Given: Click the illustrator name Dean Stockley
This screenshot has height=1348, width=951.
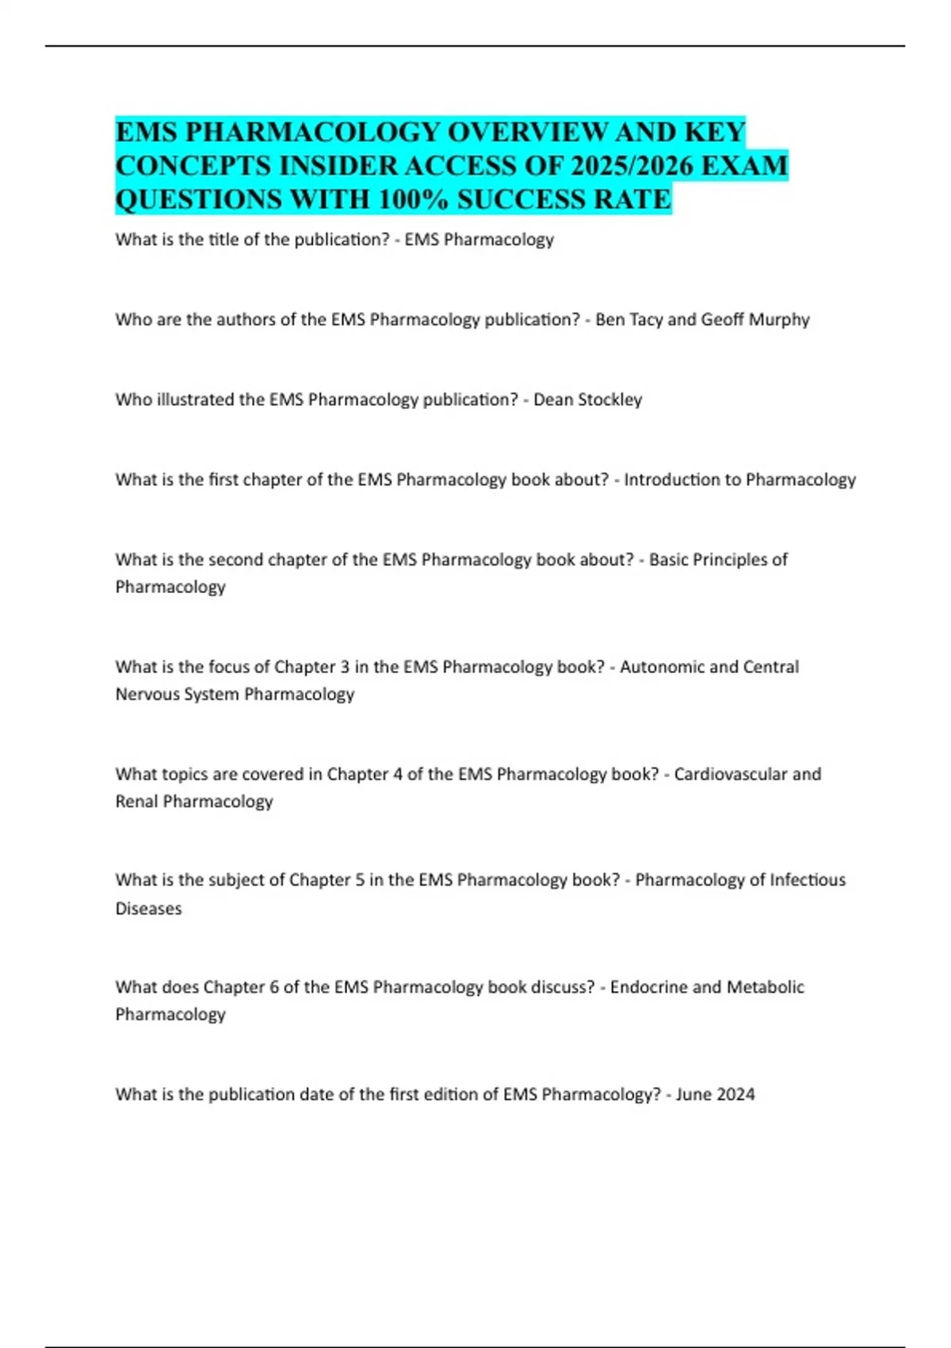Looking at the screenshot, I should [587, 400].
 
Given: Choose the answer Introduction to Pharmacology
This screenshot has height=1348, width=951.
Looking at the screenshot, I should [739, 480].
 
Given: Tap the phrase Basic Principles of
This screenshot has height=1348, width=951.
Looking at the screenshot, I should [718, 560].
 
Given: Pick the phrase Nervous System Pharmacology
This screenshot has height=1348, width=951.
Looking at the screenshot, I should [235, 695].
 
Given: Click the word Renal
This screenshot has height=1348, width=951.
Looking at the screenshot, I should [137, 802].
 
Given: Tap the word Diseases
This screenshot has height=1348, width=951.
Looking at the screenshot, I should [148, 909].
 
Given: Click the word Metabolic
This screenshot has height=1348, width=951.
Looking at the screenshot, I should [765, 987].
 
